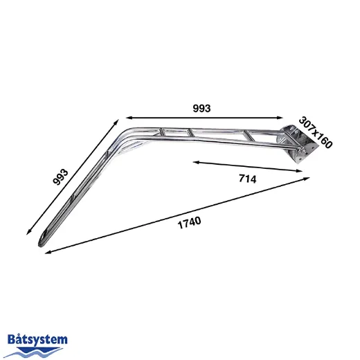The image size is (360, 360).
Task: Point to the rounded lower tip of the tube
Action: point(42,242)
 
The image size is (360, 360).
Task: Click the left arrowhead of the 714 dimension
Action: point(195,163)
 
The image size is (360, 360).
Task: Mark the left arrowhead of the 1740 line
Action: point(48,252)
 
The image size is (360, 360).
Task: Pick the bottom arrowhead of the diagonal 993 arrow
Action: point(28,233)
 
